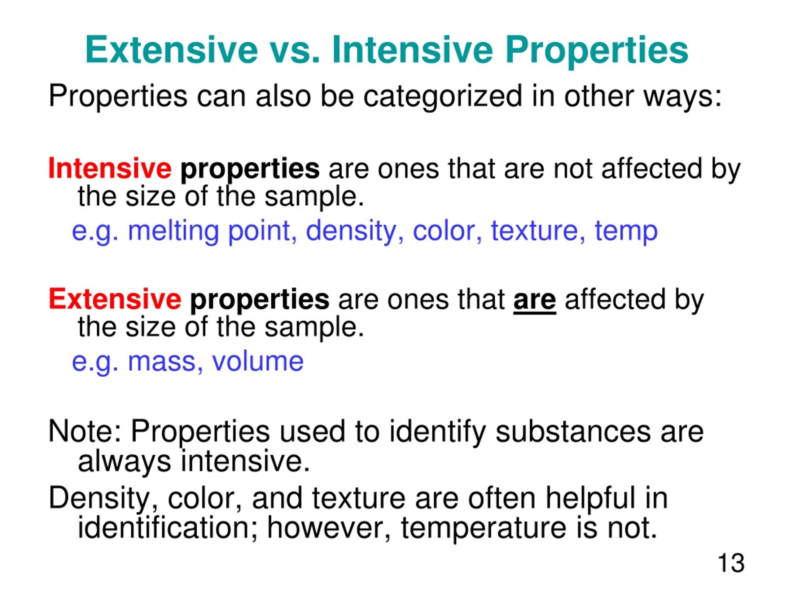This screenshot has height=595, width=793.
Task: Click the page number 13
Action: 731,563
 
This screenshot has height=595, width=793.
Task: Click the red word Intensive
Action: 110,168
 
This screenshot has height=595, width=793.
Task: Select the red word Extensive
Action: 115,299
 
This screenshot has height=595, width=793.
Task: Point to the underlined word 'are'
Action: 535,301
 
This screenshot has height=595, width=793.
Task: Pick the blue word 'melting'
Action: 173,232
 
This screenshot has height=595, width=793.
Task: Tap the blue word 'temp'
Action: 626,232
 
